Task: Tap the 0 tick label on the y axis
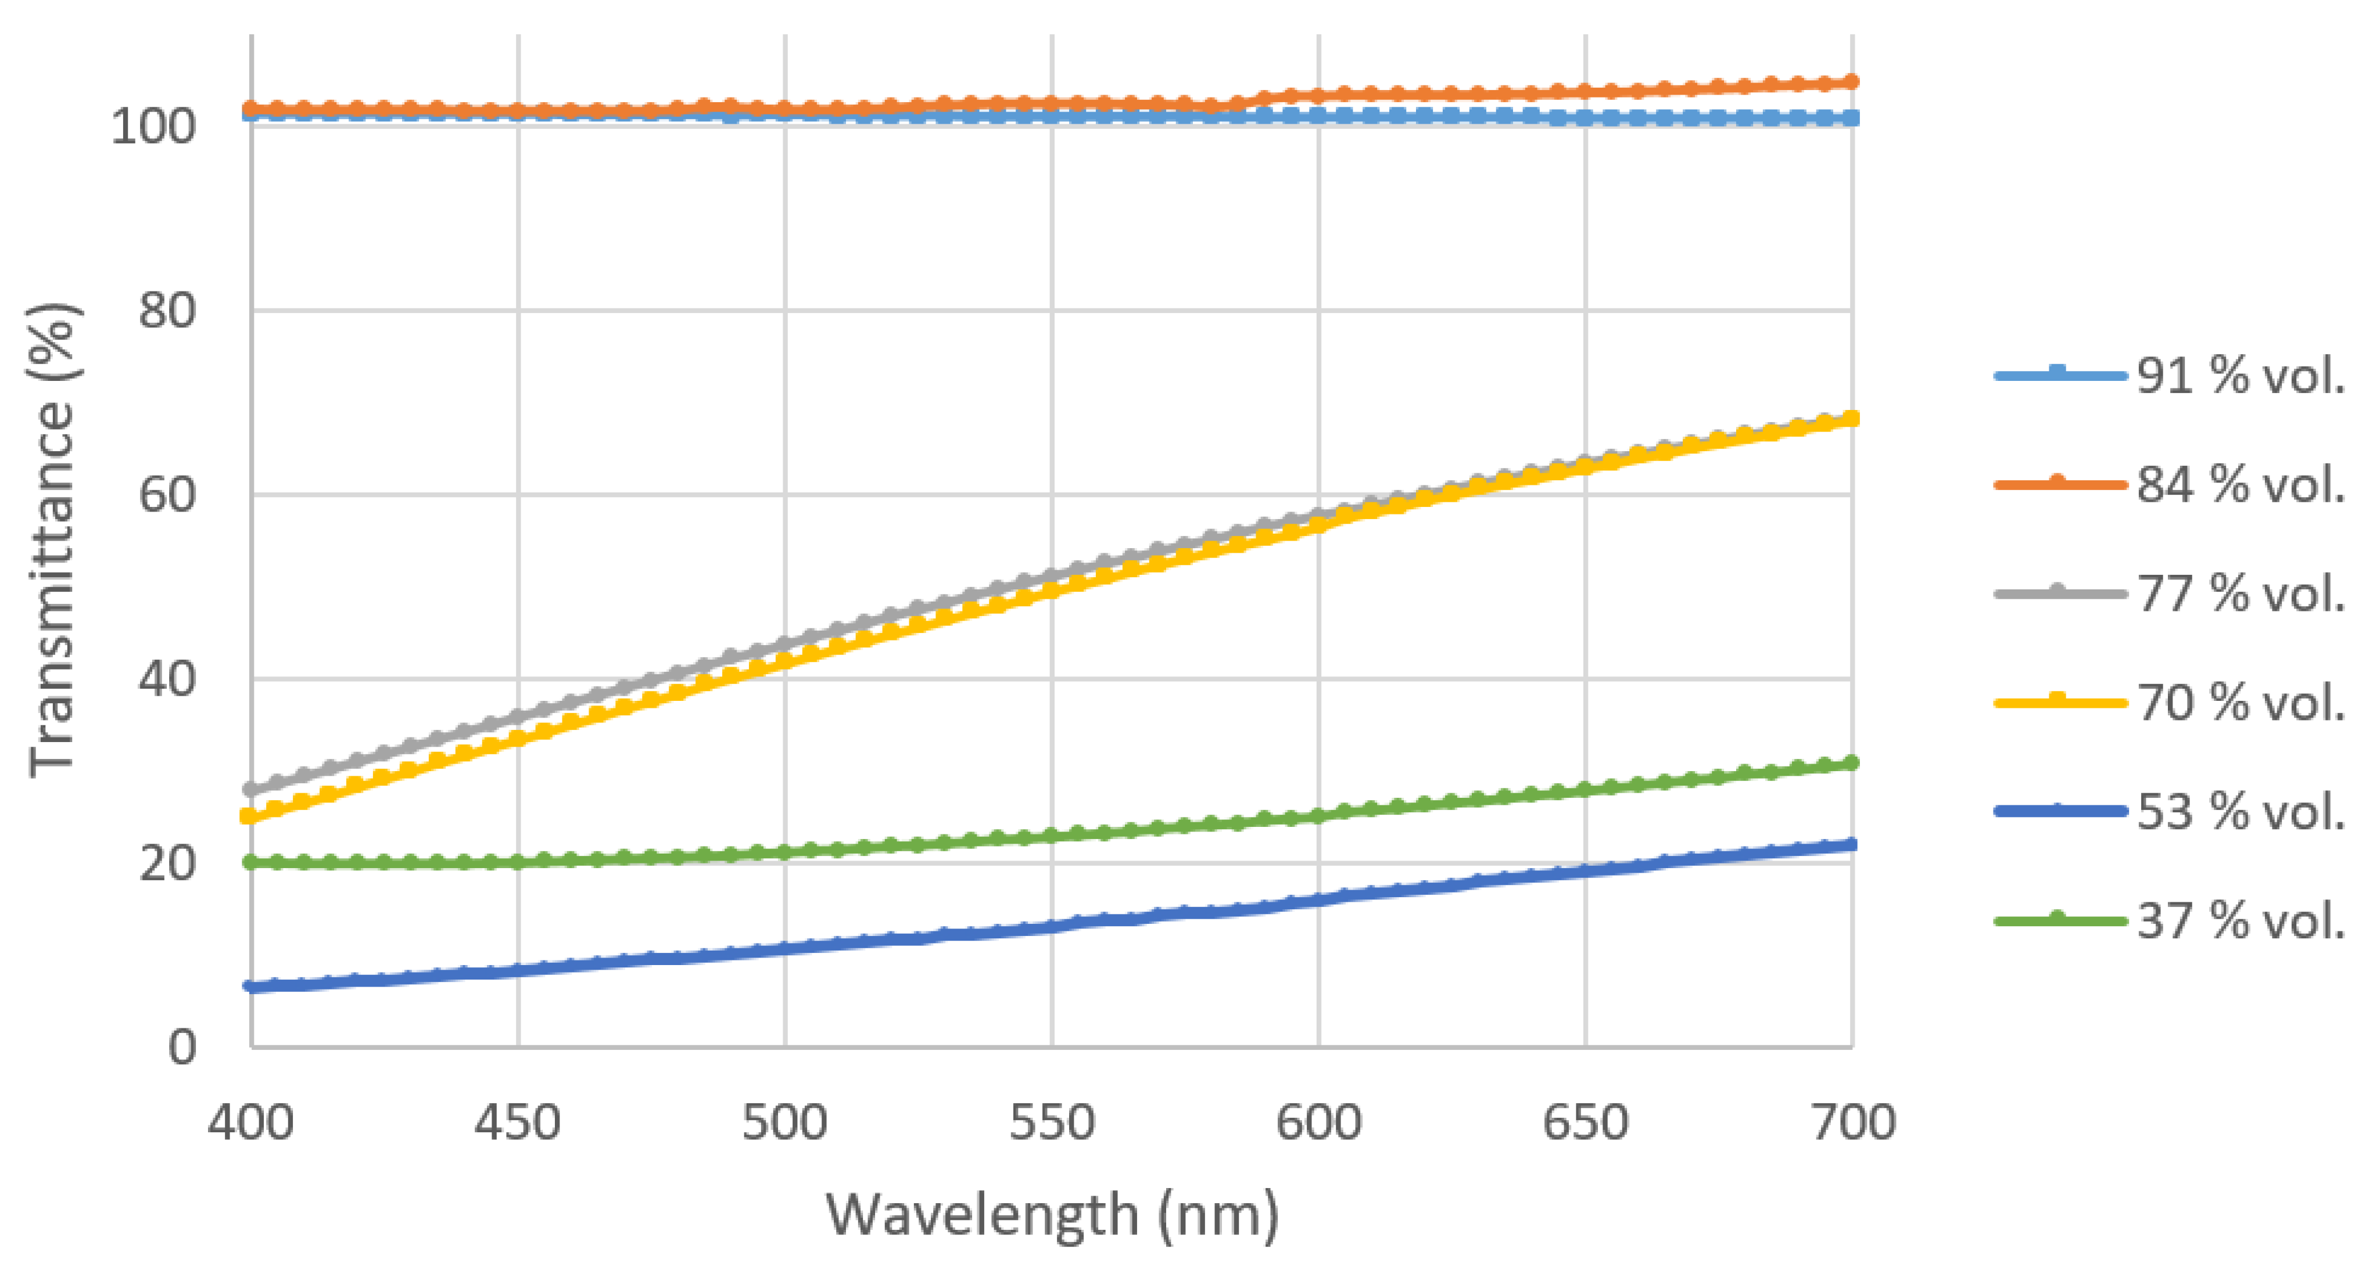[181, 1048]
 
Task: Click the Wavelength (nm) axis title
[1052, 1215]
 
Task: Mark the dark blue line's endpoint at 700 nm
[1852, 844]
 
